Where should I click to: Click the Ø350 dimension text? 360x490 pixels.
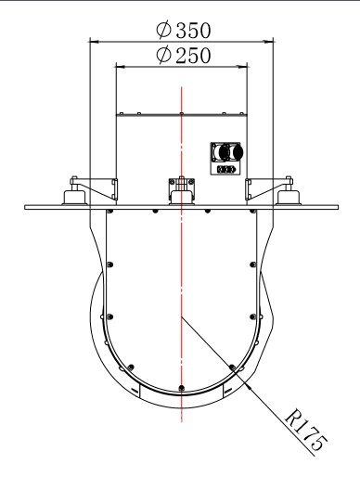[x=182, y=29]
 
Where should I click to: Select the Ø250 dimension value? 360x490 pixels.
[x=182, y=55]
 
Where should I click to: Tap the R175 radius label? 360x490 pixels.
[x=303, y=432]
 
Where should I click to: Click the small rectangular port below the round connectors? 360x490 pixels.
[x=225, y=170]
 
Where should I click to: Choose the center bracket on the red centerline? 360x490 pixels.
[x=182, y=188]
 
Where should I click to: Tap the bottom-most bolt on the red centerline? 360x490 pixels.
[x=182, y=386]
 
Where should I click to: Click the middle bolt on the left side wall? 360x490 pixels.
[x=110, y=264]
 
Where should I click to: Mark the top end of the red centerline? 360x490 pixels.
[x=182, y=88]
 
